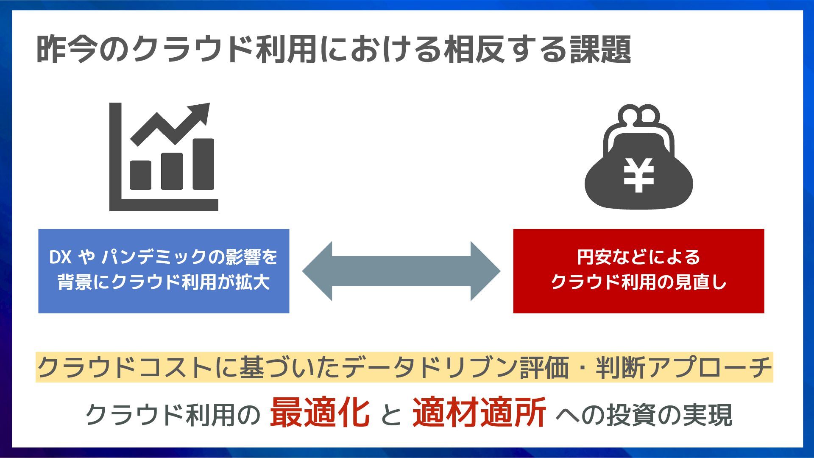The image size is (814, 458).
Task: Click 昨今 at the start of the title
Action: click(x=67, y=50)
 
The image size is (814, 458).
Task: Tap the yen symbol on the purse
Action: click(x=638, y=175)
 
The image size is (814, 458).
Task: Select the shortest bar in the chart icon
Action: click(x=141, y=175)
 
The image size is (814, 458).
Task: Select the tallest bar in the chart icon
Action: click(x=203, y=164)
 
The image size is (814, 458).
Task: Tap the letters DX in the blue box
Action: click(x=60, y=257)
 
